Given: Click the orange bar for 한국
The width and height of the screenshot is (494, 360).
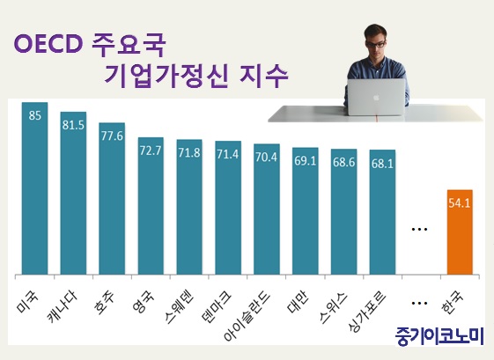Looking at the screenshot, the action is [x=460, y=232].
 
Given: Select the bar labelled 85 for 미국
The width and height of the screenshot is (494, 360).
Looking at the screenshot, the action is [x=34, y=188].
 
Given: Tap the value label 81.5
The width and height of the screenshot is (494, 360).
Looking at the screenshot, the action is [x=73, y=125].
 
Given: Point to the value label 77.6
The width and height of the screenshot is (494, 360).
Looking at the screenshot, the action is [x=112, y=136].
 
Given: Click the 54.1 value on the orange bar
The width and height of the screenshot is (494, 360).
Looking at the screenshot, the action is [x=460, y=203].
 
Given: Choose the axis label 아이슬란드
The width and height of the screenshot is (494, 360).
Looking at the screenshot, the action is [x=247, y=317].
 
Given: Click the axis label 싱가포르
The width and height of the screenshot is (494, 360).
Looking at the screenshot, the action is [x=367, y=312].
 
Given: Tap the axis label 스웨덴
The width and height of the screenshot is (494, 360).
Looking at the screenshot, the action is [x=179, y=307].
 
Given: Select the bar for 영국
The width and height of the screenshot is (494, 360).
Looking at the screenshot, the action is [x=151, y=206].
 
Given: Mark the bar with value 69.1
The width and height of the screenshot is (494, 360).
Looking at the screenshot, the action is [x=305, y=211].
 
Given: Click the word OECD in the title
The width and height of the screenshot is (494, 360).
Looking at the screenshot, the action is [x=48, y=44].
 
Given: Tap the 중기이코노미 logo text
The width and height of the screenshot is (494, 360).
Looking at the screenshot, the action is [x=439, y=336].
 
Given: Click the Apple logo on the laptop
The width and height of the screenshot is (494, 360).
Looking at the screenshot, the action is [x=376, y=98].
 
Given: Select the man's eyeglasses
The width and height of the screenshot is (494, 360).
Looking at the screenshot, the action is [x=375, y=43].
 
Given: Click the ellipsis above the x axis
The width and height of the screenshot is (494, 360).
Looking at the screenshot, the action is [x=419, y=229].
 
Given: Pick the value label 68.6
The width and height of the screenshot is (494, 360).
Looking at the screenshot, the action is [x=343, y=162].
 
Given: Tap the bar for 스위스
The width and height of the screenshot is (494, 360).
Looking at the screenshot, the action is [x=343, y=211].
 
